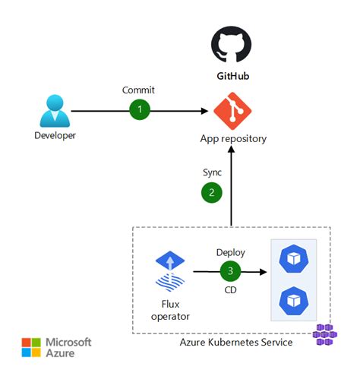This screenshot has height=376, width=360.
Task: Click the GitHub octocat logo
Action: pyautogui.click(x=229, y=44)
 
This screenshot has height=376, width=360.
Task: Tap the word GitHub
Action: pyautogui.click(x=229, y=77)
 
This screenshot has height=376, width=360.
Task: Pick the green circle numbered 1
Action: pyautogui.click(x=139, y=109)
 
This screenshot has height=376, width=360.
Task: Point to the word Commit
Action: pyautogui.click(x=138, y=90)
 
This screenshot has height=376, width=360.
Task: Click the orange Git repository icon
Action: pyautogui.click(x=229, y=111)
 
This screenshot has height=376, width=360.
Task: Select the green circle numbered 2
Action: pyautogui.click(x=212, y=193)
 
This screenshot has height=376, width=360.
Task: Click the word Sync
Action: pyautogui.click(x=212, y=172)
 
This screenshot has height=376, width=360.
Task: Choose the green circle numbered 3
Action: pyautogui.click(x=230, y=270)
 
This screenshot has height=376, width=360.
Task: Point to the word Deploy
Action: pyautogui.click(x=230, y=252)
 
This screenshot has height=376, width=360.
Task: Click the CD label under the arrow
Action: pyautogui.click(x=230, y=289)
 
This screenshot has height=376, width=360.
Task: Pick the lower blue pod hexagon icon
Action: pyautogui.click(x=292, y=299)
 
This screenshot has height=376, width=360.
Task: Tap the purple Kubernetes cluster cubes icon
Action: pyautogui.click(x=325, y=335)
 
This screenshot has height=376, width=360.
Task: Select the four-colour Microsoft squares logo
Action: pyautogui.click(x=32, y=348)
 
